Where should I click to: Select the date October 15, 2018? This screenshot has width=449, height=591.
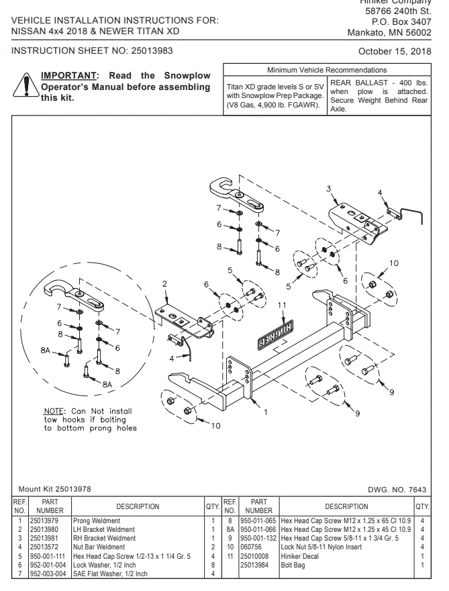pyautogui.click(x=395, y=51)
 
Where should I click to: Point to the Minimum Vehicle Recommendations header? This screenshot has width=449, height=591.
pyautogui.click(x=326, y=70)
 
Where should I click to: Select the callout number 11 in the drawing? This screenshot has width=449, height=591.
pyautogui.click(x=283, y=305)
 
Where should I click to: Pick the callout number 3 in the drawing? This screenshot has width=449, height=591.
pyautogui.click(x=329, y=187)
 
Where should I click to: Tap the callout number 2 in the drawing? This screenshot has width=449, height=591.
pyautogui.click(x=164, y=284)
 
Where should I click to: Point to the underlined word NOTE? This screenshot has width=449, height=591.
pyautogui.click(x=54, y=411)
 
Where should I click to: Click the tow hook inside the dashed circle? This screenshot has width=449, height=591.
pyautogui.click(x=74, y=295)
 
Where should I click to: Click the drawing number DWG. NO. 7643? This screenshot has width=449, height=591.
pyautogui.click(x=398, y=490)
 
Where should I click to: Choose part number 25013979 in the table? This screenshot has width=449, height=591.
pyautogui.click(x=44, y=520)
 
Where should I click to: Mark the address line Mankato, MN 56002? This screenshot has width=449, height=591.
pyautogui.click(x=389, y=32)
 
